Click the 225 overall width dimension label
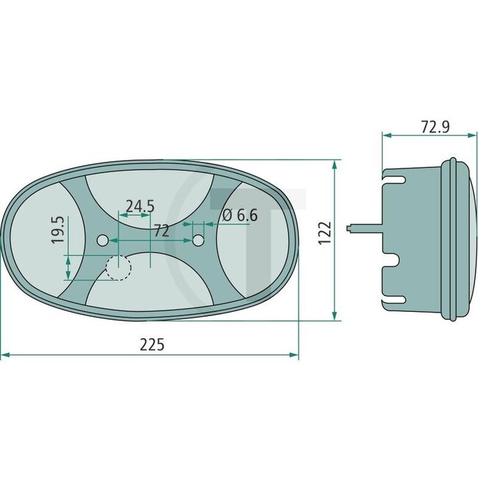tap(149, 344)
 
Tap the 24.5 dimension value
tap(139, 207)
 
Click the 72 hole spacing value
tap(162, 231)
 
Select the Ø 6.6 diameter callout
tap(239, 215)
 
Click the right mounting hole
tap(198, 240)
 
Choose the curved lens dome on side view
tap(465, 239)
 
